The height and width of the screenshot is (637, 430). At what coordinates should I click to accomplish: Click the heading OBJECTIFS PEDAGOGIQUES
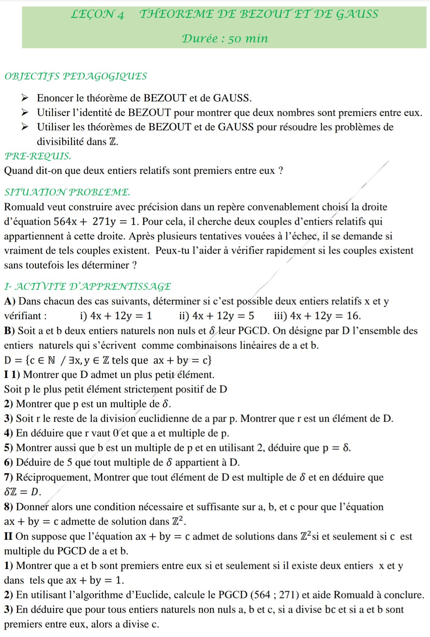tap(76, 76)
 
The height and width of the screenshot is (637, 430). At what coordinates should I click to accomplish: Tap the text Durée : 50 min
tap(225, 39)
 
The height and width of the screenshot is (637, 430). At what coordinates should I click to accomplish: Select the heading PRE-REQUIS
tap(38, 156)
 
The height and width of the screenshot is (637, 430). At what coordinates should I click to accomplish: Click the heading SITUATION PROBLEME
tap(67, 192)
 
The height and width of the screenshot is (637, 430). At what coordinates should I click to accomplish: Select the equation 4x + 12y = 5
tap(223, 316)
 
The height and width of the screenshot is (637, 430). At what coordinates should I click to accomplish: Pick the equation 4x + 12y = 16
tap(325, 316)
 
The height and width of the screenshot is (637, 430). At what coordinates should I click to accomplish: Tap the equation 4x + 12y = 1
tap(121, 316)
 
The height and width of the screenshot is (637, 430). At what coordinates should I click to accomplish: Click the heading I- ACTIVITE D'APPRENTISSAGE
tap(88, 287)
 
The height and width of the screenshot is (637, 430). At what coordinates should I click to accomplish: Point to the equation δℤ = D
tap(22, 492)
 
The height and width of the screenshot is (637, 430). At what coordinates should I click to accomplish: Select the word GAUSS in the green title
tap(357, 14)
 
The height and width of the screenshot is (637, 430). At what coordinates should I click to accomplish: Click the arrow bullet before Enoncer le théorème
tap(25, 98)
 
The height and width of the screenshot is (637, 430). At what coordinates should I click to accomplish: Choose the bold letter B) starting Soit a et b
tap(9, 331)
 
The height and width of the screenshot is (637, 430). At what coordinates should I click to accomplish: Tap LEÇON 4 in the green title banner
tap(97, 14)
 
